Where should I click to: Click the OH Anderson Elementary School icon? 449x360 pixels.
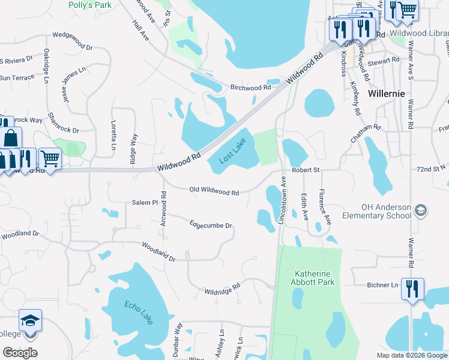(x=421, y=210)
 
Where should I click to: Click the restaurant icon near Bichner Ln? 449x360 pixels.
(x=412, y=288)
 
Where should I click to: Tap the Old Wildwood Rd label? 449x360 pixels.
(x=214, y=193)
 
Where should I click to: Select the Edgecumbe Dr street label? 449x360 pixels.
(x=211, y=225)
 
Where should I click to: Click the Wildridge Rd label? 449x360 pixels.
(x=222, y=290)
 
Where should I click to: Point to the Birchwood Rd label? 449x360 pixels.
(x=251, y=87)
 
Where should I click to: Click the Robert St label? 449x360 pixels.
(x=306, y=170)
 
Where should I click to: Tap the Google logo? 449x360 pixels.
(x=20, y=353)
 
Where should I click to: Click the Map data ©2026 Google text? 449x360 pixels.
(x=412, y=355)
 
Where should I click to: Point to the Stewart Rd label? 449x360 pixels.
(x=384, y=61)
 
